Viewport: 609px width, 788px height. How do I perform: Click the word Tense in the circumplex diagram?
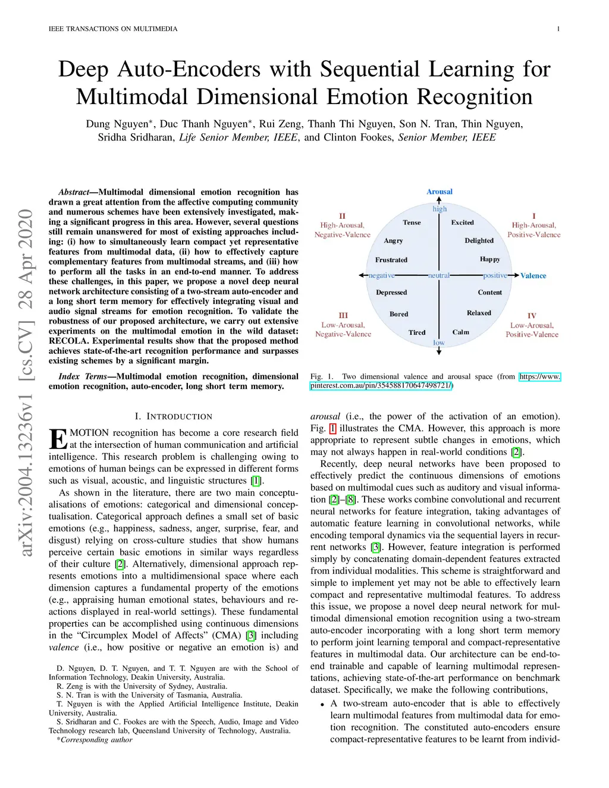pos(412,222)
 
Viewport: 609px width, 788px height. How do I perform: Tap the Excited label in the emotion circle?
pos(462,222)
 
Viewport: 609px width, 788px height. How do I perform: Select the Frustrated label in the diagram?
pos(391,260)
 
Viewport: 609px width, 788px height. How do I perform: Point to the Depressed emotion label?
pos(391,293)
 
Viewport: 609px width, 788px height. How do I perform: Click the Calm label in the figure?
pos(460,332)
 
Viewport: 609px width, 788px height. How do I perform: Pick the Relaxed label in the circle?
pos(479,313)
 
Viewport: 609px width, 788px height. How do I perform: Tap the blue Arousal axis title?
pos(440,191)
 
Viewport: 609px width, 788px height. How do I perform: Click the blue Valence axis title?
pos(533,275)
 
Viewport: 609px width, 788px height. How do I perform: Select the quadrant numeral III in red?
pos(343,315)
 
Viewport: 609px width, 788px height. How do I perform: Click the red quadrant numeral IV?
pos(532,316)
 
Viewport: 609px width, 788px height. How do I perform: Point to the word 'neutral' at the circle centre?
pos(439,275)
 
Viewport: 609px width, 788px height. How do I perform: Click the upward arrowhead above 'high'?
pos(439,200)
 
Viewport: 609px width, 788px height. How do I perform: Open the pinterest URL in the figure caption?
pos(381,385)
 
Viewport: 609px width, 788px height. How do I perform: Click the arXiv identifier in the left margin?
pos(26,384)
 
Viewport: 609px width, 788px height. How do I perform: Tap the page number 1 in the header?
pos(558,29)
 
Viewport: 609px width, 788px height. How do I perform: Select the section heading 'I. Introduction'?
pos(173,416)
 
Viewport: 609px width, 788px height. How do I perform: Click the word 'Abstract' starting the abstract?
pos(73,192)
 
